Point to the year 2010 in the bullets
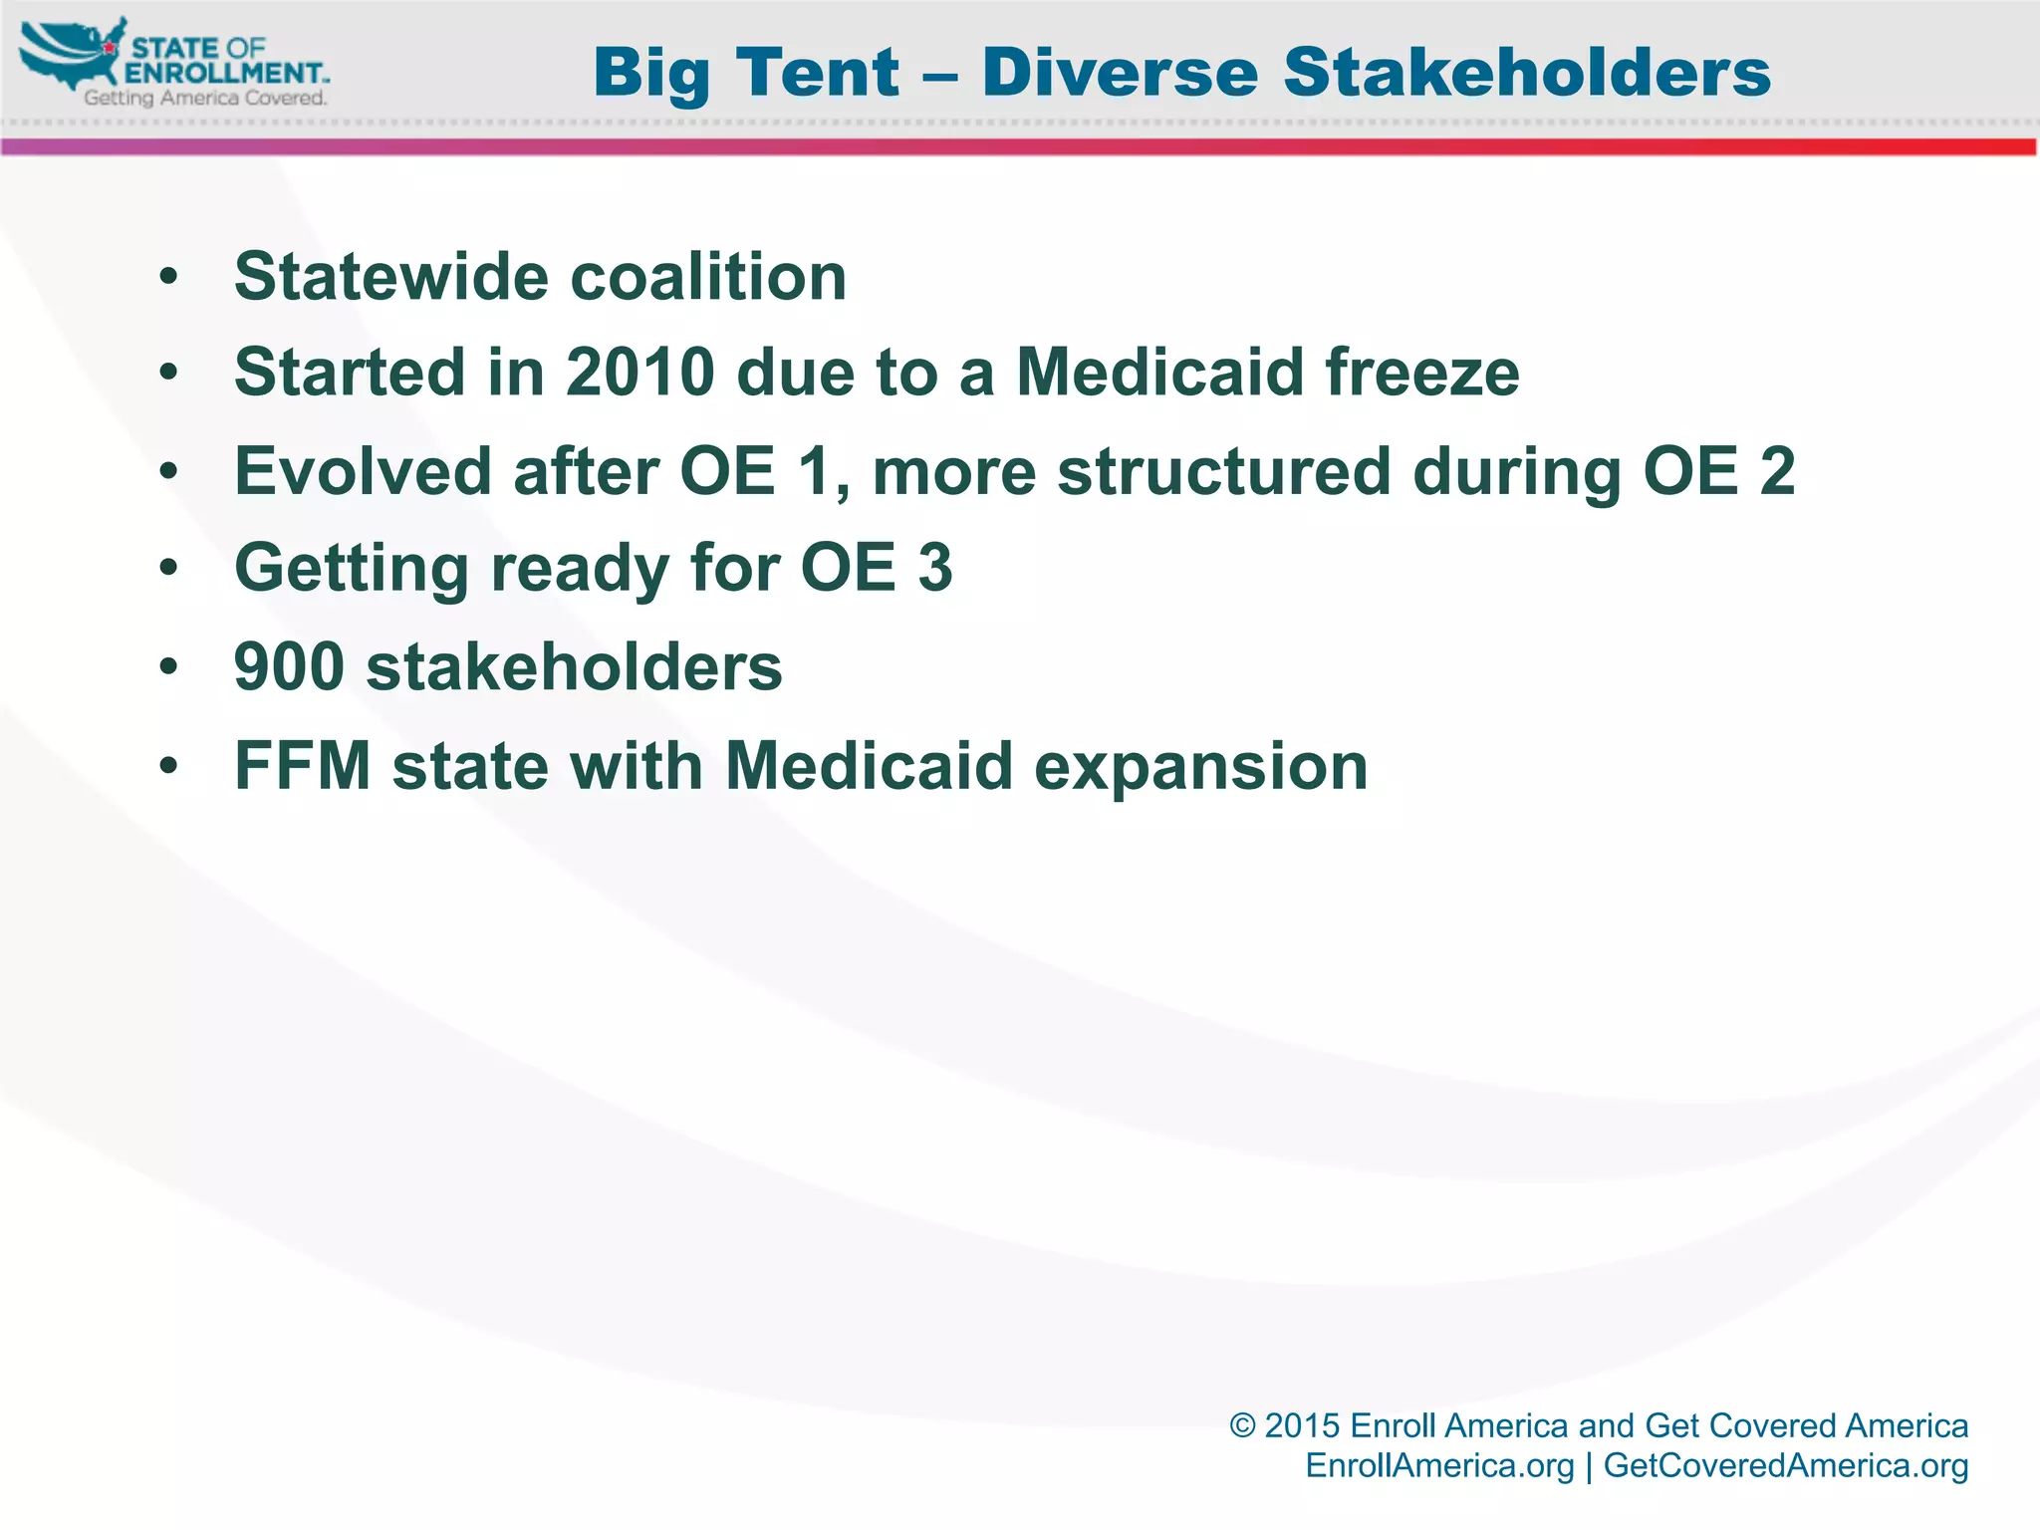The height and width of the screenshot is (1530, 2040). [x=640, y=373]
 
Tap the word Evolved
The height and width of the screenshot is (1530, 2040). [x=363, y=470]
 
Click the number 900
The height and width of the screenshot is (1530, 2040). [x=289, y=666]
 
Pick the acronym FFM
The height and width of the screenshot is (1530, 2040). [x=303, y=766]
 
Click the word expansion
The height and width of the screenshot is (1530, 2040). [x=1201, y=768]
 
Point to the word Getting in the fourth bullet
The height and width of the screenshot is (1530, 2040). [x=351, y=569]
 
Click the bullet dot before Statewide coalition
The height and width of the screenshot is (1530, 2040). [x=168, y=277]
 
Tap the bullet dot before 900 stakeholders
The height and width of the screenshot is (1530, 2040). [x=168, y=667]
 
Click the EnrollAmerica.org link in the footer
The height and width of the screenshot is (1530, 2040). [x=1439, y=1466]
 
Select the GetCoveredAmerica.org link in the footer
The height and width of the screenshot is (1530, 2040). [x=1786, y=1466]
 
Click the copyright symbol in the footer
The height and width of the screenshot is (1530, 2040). [x=1242, y=1426]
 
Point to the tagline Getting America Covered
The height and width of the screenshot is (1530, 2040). [x=205, y=98]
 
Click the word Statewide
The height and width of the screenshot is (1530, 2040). [x=390, y=276]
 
